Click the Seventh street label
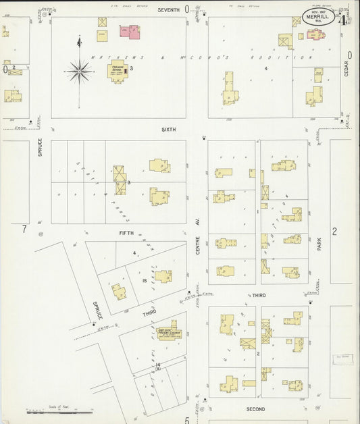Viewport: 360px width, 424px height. (x=169, y=10)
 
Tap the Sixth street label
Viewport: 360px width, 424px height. (x=168, y=129)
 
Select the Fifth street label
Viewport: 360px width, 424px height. (x=126, y=233)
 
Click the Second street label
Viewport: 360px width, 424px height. (x=255, y=409)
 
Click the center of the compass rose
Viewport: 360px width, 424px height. (x=80, y=70)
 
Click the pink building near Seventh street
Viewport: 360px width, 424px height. (x=130, y=31)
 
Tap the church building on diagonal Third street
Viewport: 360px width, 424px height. (x=167, y=332)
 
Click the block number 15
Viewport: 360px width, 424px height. (x=145, y=280)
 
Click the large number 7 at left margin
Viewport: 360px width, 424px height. (x=24, y=230)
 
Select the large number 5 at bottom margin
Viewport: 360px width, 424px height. (x=186, y=420)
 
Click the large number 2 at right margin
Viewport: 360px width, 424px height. (x=334, y=231)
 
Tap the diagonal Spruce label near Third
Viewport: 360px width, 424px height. (x=97, y=310)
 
